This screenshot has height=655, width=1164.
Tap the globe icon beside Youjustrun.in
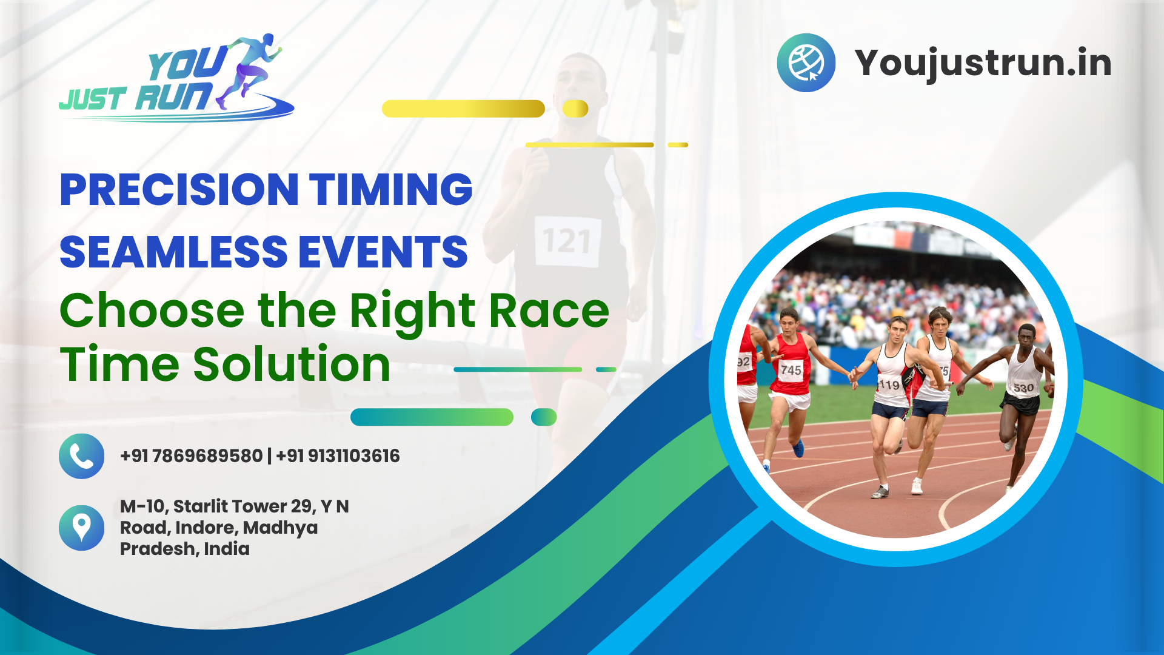point(806,62)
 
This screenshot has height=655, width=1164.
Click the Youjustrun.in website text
point(983,63)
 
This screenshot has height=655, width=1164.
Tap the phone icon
point(81,456)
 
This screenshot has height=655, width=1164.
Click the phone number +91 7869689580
point(191,456)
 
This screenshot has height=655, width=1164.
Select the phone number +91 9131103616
point(338,456)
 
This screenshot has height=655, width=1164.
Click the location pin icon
point(81,527)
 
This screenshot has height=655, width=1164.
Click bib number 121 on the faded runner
point(567,241)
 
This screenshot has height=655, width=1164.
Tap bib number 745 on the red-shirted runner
point(791,369)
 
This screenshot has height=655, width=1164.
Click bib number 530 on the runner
point(1023,387)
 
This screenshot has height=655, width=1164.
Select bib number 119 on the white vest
point(889,385)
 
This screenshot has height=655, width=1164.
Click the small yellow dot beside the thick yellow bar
point(575,109)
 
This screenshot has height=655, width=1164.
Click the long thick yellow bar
point(463,109)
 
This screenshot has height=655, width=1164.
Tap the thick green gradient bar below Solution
point(432,417)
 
